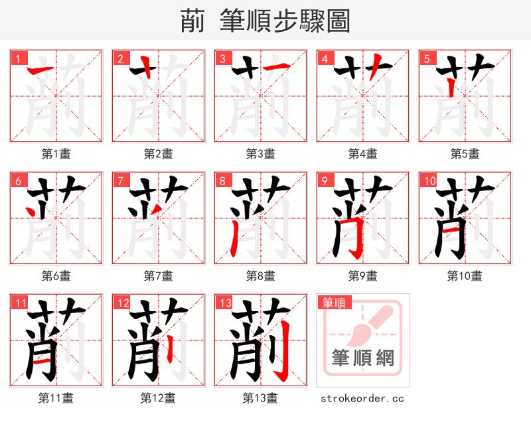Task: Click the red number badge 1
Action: tap(17, 59)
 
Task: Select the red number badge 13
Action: tap(223, 303)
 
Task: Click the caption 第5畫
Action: tap(465, 154)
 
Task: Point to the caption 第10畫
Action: tap(465, 275)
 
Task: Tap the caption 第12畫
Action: tap(158, 398)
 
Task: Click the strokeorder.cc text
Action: tap(362, 398)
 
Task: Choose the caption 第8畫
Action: tap(260, 275)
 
